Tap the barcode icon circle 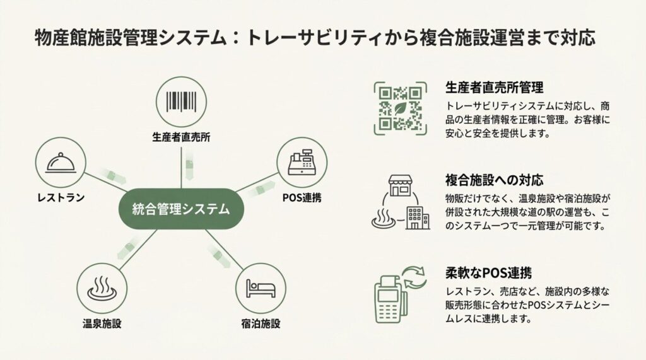coord(181,102)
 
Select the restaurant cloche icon coord(62,163)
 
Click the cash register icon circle coord(302,162)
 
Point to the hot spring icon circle coord(101,288)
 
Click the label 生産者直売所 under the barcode coord(181,137)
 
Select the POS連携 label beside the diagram coord(302,198)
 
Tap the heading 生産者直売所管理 coord(495,87)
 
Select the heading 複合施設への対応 coord(495,179)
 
